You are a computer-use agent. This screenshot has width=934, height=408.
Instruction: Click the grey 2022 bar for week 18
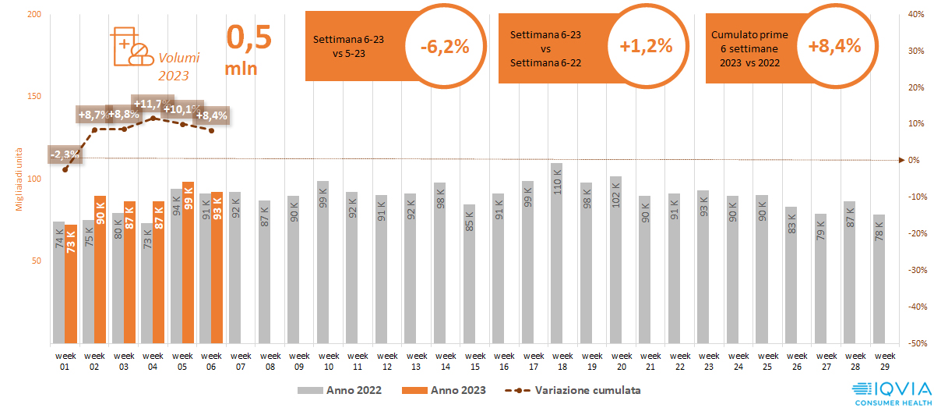click(556, 253)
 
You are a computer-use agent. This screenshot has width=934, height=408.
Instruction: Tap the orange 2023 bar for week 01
click(71, 284)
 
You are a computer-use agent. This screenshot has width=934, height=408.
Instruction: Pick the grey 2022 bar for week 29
click(879, 279)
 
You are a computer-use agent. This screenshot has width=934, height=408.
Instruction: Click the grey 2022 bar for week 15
click(469, 274)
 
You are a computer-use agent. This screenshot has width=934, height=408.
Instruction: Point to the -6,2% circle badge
click(445, 47)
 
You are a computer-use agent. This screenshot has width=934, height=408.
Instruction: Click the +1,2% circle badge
click(646, 47)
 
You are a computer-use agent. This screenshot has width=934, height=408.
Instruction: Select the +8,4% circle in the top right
click(834, 47)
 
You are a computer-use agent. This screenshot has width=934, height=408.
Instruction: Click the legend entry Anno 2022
click(342, 389)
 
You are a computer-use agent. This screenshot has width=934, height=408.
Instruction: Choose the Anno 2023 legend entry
click(445, 389)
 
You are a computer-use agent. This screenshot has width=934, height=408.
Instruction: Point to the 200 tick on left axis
click(33, 15)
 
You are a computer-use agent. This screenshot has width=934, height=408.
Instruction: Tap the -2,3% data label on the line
click(65, 154)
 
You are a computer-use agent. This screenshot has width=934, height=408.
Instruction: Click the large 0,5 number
click(248, 37)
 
